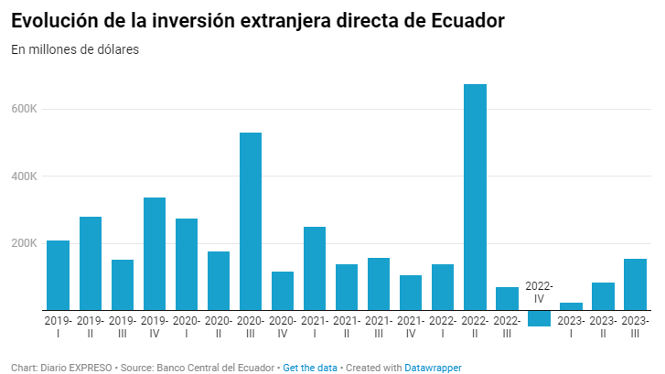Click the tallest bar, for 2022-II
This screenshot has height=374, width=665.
click(x=475, y=197)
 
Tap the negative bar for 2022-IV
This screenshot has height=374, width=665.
click(x=539, y=318)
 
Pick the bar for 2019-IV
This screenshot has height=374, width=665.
click(x=155, y=253)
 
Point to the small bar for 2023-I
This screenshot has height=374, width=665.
click(x=571, y=306)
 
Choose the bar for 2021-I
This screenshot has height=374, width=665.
click(x=315, y=268)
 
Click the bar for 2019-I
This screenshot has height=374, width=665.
click(x=59, y=274)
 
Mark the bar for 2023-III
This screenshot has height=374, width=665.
click(x=635, y=284)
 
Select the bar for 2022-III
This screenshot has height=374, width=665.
click(x=507, y=298)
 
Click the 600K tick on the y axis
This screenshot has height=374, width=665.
click(x=25, y=110)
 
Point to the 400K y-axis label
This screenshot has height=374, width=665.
click(x=25, y=176)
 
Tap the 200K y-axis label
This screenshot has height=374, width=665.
click(x=25, y=243)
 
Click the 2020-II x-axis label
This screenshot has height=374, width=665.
click(x=219, y=327)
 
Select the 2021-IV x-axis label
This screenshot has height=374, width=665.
click(x=411, y=327)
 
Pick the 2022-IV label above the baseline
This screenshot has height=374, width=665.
click(x=539, y=292)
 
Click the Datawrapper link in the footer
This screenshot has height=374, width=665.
click(x=434, y=367)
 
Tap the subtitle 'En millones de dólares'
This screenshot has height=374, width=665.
click(x=75, y=50)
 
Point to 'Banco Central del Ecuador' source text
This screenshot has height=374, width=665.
click(x=217, y=367)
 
